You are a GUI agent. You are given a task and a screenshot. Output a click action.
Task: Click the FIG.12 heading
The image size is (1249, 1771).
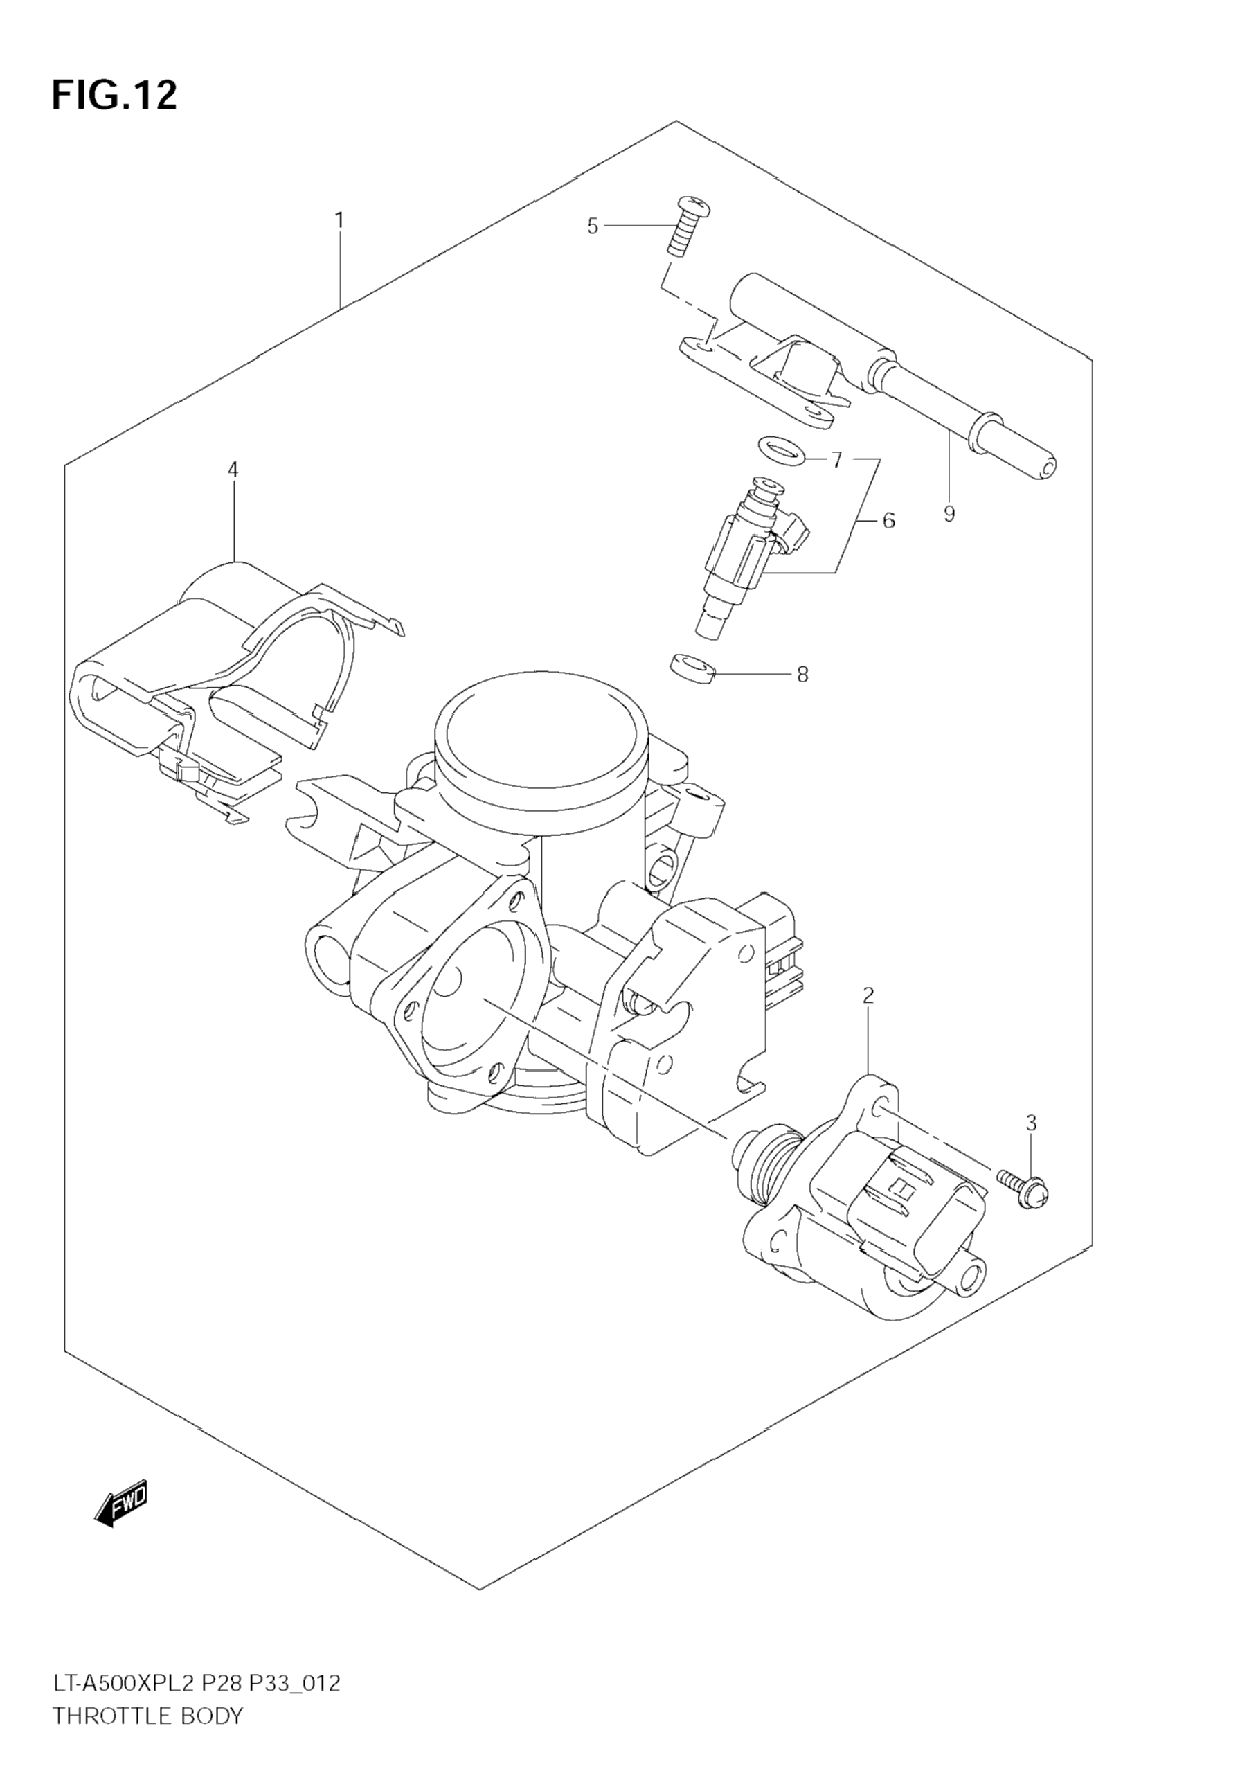[x=114, y=96]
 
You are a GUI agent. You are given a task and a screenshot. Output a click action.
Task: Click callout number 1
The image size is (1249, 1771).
[x=339, y=221]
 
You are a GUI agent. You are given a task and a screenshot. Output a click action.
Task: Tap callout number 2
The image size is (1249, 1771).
[x=868, y=996]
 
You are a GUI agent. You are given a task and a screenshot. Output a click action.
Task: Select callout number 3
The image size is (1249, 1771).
[x=1032, y=1123]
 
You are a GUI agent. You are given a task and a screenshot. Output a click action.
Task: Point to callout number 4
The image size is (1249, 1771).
[x=233, y=469]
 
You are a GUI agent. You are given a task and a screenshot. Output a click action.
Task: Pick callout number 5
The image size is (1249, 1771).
[x=592, y=226]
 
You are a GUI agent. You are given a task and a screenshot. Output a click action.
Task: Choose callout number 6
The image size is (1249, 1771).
[x=889, y=522]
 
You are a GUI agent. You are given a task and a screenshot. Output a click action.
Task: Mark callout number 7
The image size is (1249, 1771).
[x=836, y=461]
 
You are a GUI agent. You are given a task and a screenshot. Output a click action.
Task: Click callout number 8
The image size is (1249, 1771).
[x=802, y=675]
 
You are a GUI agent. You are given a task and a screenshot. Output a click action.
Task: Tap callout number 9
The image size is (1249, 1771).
[x=949, y=514]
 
